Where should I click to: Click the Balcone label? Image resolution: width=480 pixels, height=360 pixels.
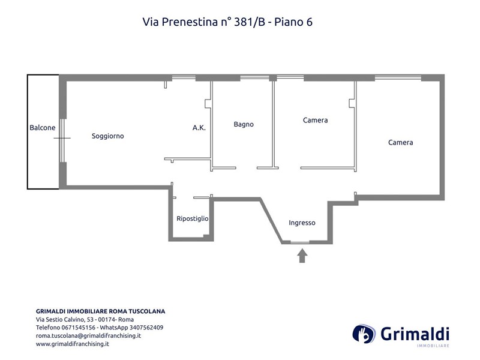(43, 127)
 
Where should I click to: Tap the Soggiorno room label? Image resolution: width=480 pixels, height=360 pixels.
(108, 136)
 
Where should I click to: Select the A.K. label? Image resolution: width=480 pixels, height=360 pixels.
(199, 128)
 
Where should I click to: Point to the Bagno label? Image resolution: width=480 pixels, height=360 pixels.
(244, 124)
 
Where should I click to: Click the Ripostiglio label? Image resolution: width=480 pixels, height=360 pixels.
(193, 218)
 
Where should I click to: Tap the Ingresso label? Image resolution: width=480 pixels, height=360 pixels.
(302, 223)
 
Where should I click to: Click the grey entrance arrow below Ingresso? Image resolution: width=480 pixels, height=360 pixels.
(302, 256)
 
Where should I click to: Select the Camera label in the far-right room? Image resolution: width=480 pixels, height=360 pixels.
(400, 142)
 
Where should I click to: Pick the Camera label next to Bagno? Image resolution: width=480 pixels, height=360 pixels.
(316, 121)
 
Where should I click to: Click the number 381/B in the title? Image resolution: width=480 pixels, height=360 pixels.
(250, 22)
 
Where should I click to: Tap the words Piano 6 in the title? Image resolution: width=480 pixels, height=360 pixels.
(293, 22)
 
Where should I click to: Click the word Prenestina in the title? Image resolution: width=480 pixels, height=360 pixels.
(190, 22)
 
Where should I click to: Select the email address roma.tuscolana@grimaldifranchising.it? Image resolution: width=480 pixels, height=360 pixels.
(88, 335)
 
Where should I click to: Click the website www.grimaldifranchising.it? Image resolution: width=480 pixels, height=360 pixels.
(73, 344)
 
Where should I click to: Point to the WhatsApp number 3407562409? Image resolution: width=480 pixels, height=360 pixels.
(146, 328)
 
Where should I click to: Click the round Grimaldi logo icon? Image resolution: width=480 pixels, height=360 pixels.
(364, 334)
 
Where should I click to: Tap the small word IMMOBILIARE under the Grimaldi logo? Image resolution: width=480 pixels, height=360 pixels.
(433, 346)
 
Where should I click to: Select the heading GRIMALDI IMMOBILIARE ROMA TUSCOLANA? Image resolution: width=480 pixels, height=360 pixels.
(100, 311)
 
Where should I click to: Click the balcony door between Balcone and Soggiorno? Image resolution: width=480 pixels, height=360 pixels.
(62, 140)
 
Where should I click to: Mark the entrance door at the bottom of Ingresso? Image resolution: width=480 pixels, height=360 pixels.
(299, 242)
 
